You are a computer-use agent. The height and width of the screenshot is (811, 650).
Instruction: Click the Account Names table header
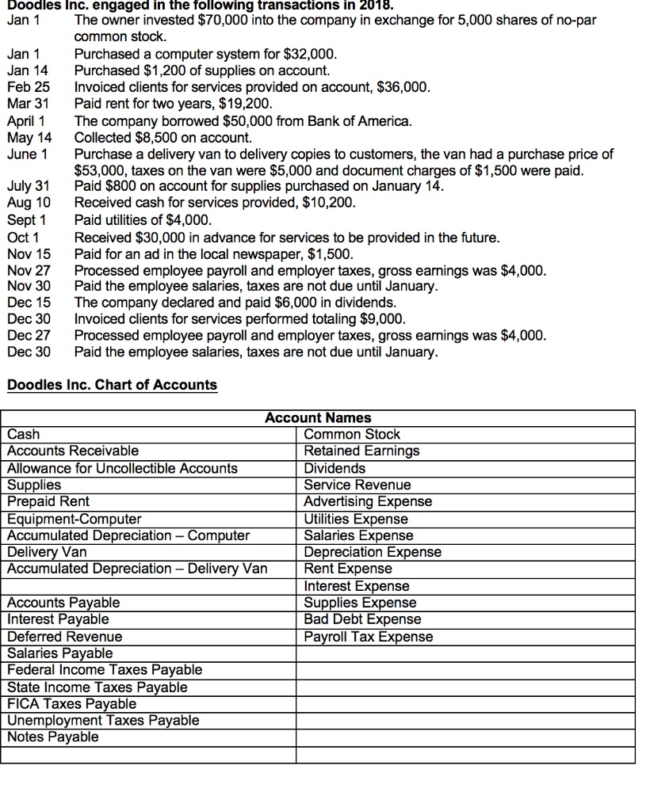tap(317, 417)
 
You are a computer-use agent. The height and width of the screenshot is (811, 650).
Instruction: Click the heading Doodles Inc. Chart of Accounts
tap(112, 385)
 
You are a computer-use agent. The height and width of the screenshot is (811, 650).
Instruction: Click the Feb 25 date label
tap(28, 87)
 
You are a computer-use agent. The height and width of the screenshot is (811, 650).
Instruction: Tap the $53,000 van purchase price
tap(97, 170)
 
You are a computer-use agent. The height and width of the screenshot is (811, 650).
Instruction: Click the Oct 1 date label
tap(23, 238)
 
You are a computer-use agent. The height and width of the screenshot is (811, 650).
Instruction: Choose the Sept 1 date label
tap(26, 220)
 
